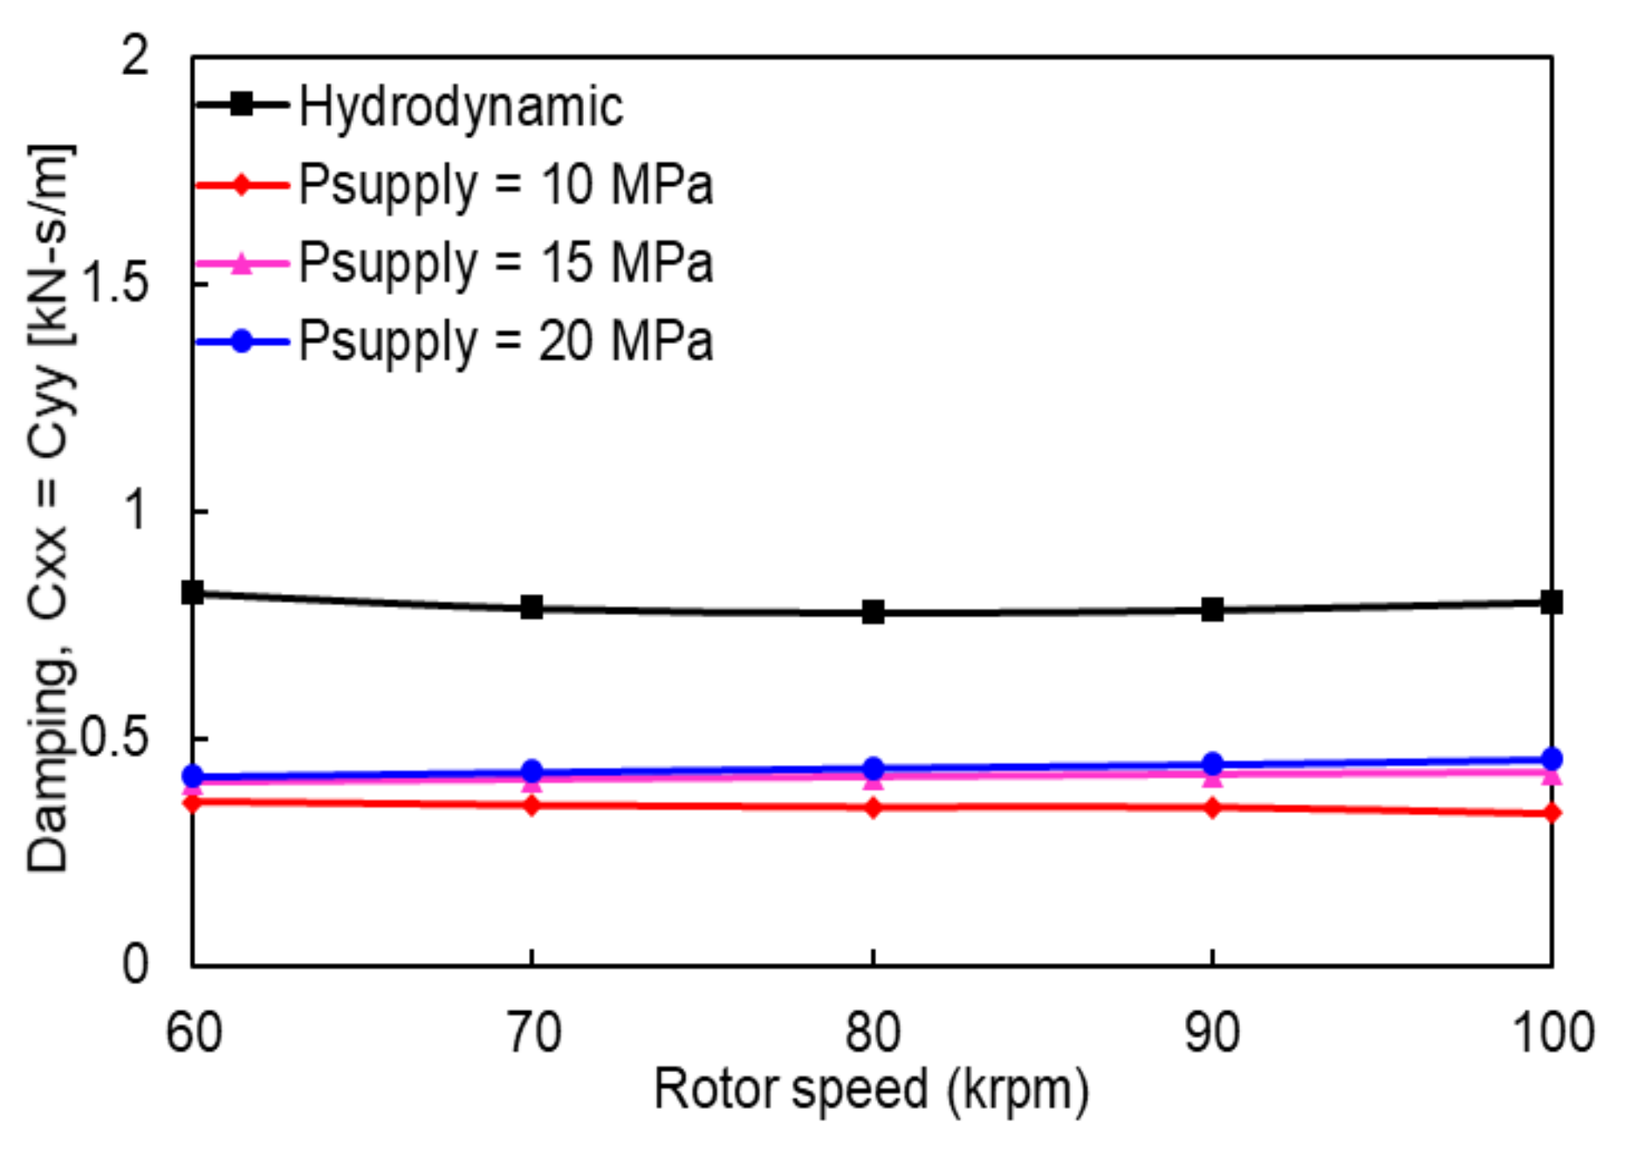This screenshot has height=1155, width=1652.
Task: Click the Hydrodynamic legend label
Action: coord(460,107)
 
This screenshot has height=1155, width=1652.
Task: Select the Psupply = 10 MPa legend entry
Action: coord(505,185)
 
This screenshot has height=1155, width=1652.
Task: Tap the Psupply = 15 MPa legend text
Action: coord(505,263)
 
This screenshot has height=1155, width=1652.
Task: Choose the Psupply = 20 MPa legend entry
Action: coord(505,341)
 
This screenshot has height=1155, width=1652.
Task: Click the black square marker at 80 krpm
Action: coord(873,612)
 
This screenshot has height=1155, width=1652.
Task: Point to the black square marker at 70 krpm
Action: coord(531,607)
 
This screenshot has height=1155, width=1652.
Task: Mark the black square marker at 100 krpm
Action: coord(1551,602)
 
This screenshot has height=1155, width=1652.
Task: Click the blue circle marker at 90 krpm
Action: coord(1211,764)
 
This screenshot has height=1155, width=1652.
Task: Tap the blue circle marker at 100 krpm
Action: coord(1551,759)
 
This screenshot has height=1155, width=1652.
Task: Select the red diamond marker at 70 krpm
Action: coord(531,805)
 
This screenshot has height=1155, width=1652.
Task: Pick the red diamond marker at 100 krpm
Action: coord(1551,813)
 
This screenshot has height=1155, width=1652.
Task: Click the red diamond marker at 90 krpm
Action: coord(1211,808)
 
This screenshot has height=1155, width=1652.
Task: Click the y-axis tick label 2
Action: coord(135,57)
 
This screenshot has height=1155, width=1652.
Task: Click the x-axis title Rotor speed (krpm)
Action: coord(871,1090)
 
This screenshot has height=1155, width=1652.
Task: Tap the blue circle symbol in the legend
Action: coord(242,341)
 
